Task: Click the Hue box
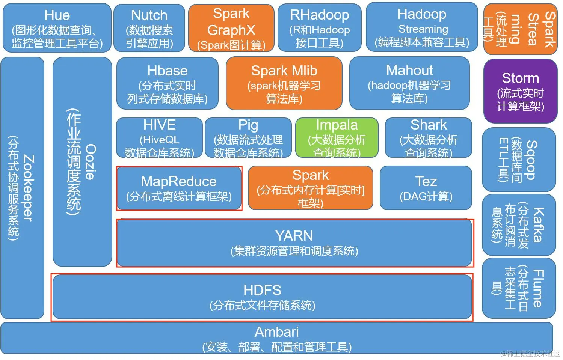click(x=57, y=28)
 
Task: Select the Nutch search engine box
click(x=149, y=28)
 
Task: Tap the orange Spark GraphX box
click(x=231, y=29)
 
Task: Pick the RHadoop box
click(x=319, y=28)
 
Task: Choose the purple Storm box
click(x=520, y=91)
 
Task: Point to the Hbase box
click(x=167, y=83)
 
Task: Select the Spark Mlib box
click(x=284, y=83)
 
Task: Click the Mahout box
click(x=409, y=83)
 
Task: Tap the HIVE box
click(x=159, y=138)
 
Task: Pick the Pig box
click(x=248, y=138)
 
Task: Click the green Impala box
click(x=337, y=138)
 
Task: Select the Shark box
click(x=428, y=138)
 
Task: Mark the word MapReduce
click(x=179, y=182)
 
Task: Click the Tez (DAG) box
click(x=426, y=188)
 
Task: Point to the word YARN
click(x=294, y=236)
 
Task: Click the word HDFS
click(x=262, y=290)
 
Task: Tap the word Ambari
click(x=277, y=332)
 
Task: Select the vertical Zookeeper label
click(x=29, y=188)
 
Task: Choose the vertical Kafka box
click(x=519, y=224)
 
